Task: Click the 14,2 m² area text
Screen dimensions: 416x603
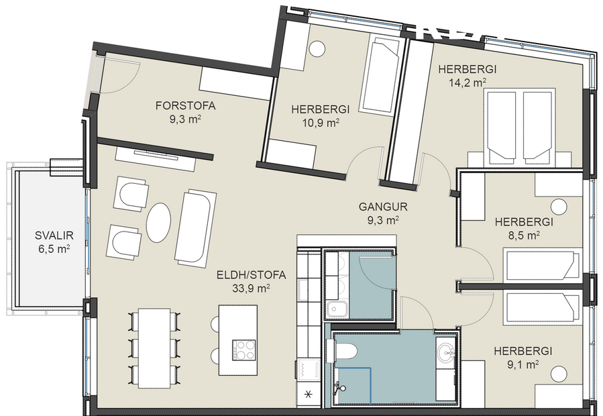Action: pyautogui.click(x=467, y=83)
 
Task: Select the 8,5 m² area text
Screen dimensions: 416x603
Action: pyautogui.click(x=523, y=236)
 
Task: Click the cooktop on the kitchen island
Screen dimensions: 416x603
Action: pyautogui.click(x=244, y=350)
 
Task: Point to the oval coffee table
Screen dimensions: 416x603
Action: pyautogui.click(x=159, y=222)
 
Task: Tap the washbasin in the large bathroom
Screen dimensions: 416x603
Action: pyautogui.click(x=444, y=350)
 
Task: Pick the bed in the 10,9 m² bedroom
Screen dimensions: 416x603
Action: pyautogui.click(x=380, y=74)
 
